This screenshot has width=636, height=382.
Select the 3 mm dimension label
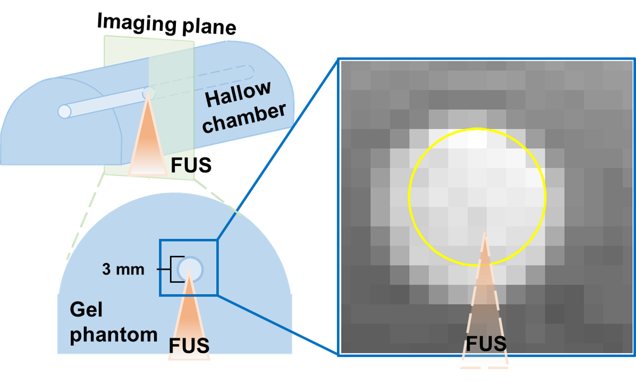tap(123, 270)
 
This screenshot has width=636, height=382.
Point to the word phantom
tap(114, 335)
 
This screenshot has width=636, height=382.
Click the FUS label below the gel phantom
tap(189, 345)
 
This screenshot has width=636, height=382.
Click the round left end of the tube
tap(64, 111)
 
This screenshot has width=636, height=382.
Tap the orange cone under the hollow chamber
tap(148, 144)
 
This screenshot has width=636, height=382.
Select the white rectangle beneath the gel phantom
tap(188, 370)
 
